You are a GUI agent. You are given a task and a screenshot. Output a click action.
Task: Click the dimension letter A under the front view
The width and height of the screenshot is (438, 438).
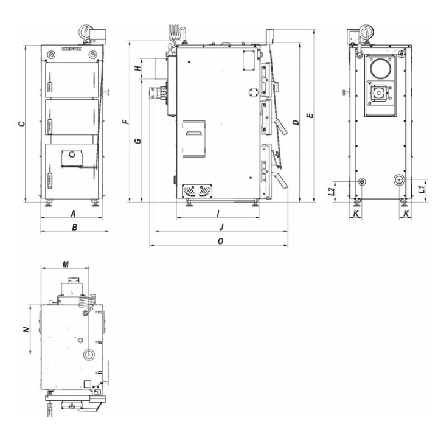(73, 214)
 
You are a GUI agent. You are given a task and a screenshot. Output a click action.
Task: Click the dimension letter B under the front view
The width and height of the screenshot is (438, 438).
(75, 228)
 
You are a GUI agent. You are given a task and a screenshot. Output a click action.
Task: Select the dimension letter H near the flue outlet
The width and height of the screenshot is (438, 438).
(137, 68)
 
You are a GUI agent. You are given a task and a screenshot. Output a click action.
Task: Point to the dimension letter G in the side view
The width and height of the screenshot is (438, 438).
(138, 141)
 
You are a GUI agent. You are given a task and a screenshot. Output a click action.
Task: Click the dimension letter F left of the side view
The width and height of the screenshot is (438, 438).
(127, 122)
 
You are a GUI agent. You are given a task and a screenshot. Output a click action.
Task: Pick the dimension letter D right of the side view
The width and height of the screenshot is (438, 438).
(296, 122)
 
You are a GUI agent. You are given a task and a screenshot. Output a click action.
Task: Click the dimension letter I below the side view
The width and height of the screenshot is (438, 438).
(218, 214)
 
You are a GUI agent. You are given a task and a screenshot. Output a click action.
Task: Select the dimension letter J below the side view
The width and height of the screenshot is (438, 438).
(221, 227)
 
